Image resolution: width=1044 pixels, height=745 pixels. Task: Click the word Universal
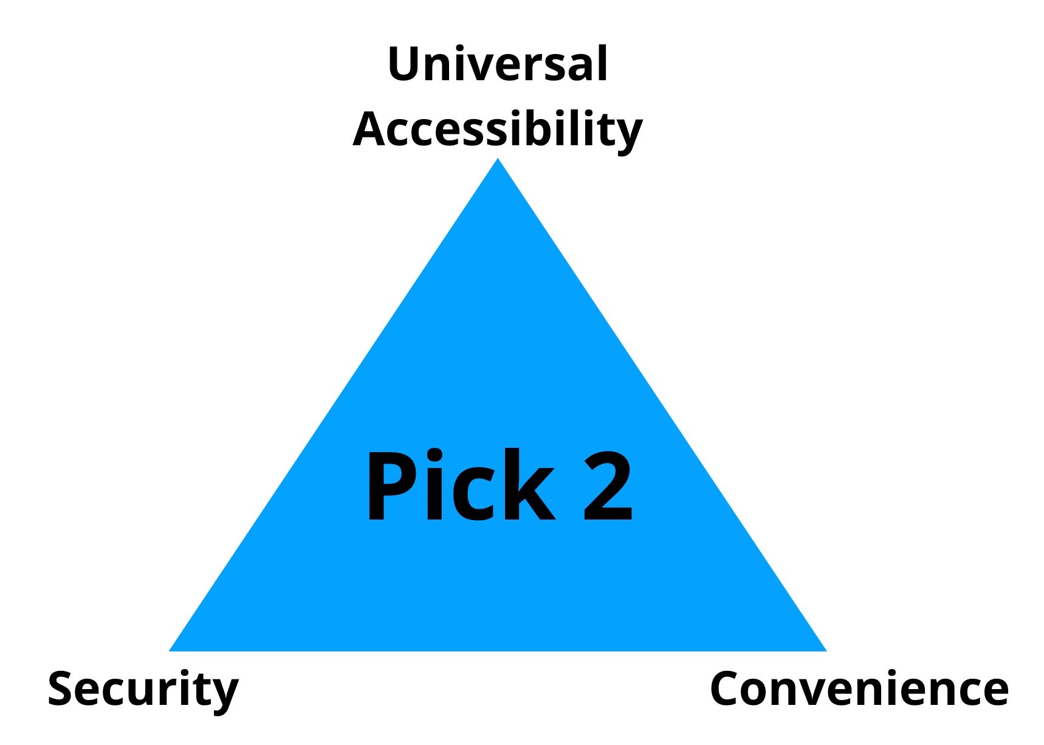[498, 64]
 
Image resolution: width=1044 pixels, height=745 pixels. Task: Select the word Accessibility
[498, 130]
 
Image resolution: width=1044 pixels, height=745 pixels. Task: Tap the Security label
[143, 690]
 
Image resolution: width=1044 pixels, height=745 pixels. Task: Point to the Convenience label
[859, 688]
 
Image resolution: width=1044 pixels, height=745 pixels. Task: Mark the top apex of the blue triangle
[498, 159]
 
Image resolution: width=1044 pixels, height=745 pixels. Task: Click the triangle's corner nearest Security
[170, 651]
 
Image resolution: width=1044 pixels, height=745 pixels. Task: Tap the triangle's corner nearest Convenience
[826, 651]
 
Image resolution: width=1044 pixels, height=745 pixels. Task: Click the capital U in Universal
[404, 64]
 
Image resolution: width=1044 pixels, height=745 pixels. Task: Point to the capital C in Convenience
[726, 688]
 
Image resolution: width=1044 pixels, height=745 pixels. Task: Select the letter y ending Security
[225, 696]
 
